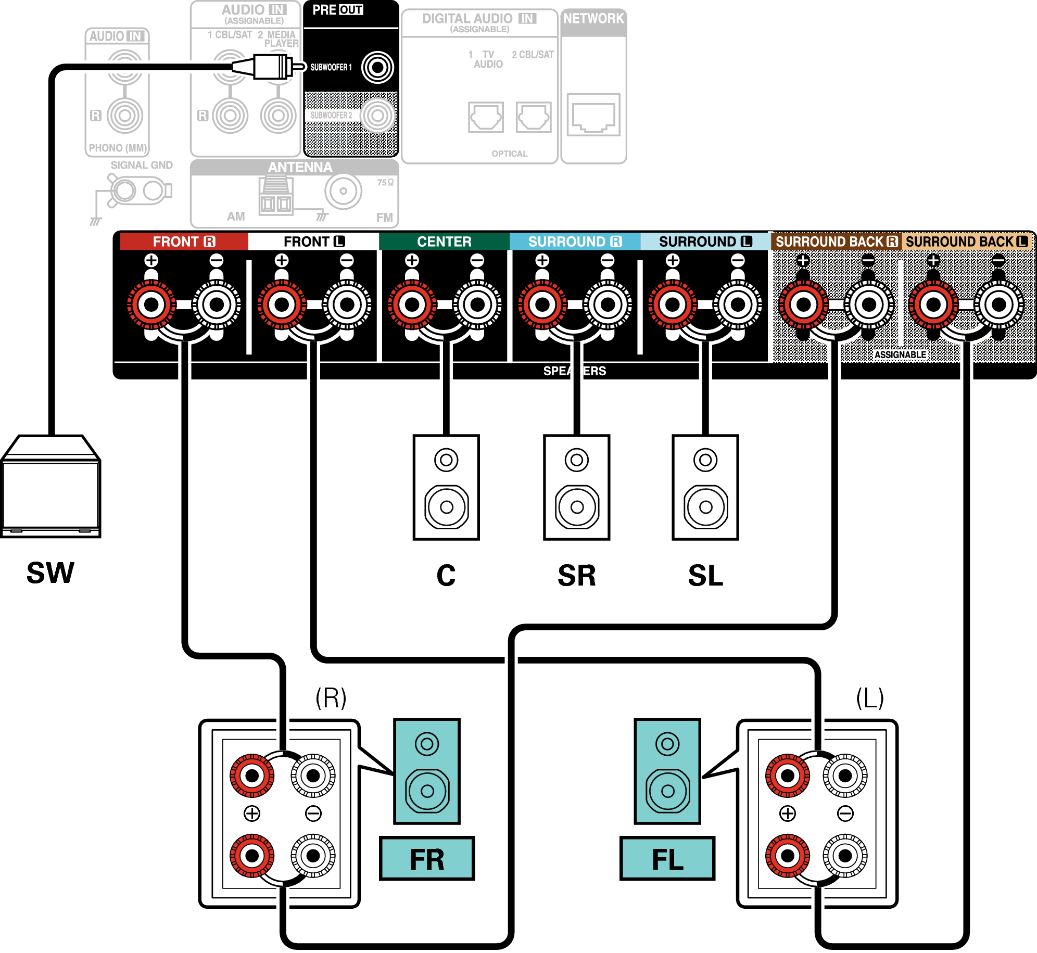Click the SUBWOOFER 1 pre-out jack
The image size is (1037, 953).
[377, 67]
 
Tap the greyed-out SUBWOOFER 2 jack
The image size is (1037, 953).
[377, 116]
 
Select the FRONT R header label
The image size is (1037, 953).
[184, 242]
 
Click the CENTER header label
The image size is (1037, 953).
[444, 242]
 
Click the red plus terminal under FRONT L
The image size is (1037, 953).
[282, 304]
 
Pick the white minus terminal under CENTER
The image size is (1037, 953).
[477, 304]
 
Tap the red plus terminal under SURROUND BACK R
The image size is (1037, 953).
[803, 304]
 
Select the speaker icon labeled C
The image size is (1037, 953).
[446, 487]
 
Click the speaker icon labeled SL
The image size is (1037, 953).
[705, 487]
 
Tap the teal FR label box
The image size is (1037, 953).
[427, 858]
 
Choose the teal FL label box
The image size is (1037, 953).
[667, 858]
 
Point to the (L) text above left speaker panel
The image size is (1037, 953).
[870, 698]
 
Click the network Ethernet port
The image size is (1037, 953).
[593, 115]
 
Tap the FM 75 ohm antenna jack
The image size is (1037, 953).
[343, 191]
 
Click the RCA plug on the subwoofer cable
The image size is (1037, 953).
[271, 67]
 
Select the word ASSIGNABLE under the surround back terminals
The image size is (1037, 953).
[900, 355]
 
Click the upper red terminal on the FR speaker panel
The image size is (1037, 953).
[252, 776]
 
